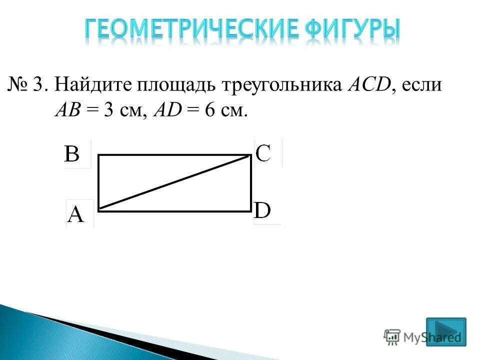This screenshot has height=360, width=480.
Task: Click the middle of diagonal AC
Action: click(174, 181)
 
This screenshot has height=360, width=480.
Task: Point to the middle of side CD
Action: click(250, 183)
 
